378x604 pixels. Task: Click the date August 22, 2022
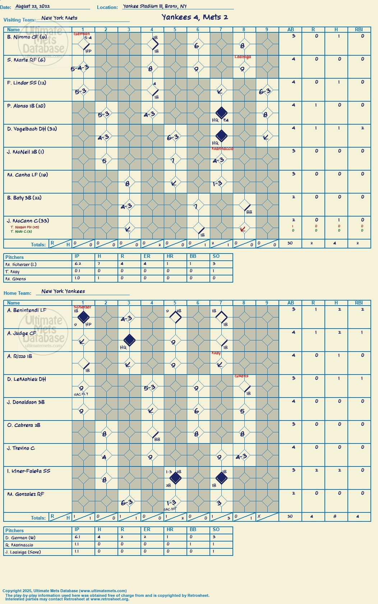33,6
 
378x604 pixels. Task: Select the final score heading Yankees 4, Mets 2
195,17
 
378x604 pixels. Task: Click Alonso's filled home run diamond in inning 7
221,112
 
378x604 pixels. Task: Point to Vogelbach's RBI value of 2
363,128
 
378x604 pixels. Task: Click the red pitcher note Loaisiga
243,57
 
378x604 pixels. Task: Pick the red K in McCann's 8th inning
243,229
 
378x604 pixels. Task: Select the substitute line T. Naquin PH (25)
25,227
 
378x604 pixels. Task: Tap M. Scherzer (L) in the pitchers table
21,265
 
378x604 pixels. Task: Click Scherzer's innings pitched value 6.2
78,264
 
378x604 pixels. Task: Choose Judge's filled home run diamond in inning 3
129,340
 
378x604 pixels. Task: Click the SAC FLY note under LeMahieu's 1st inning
81,394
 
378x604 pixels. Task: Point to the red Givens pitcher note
241,376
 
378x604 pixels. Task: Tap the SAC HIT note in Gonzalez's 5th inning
170,509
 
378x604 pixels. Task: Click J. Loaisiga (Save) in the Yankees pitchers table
23,552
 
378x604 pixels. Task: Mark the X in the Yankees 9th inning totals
259,516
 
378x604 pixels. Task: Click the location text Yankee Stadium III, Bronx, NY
155,6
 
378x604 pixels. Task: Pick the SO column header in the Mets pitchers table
216,256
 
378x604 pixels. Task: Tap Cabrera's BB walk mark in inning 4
157,439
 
